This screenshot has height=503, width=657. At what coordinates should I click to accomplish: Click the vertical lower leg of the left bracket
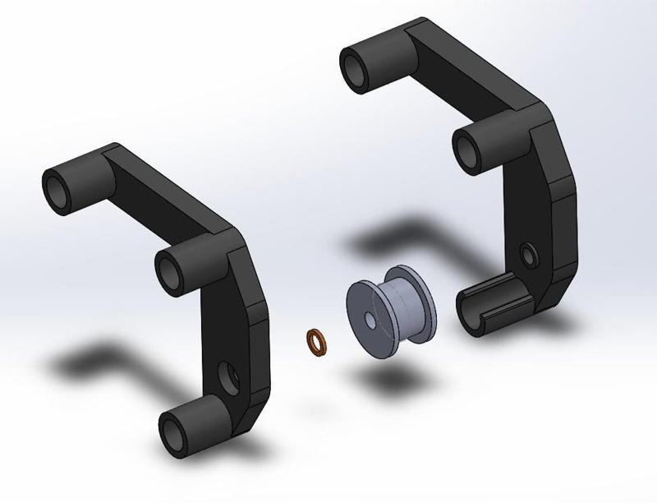click(x=246, y=345)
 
